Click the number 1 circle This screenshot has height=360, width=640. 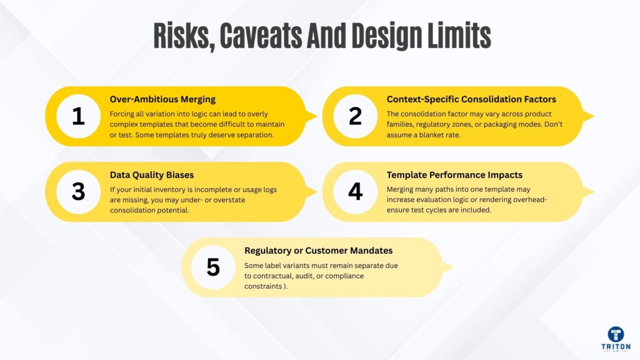[78, 116]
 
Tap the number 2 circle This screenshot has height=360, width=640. [355, 116]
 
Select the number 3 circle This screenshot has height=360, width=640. [78, 192]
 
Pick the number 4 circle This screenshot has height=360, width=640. [355, 192]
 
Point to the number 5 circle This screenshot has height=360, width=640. [214, 267]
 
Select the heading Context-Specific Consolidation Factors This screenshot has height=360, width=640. [471, 99]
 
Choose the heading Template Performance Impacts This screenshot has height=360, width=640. [454, 175]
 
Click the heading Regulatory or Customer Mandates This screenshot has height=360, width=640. [318, 251]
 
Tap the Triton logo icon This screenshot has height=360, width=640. [616, 334]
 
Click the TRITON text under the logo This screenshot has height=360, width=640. [616, 346]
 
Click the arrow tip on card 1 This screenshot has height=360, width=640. [315, 116]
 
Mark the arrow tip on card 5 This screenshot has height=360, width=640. [451, 267]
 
